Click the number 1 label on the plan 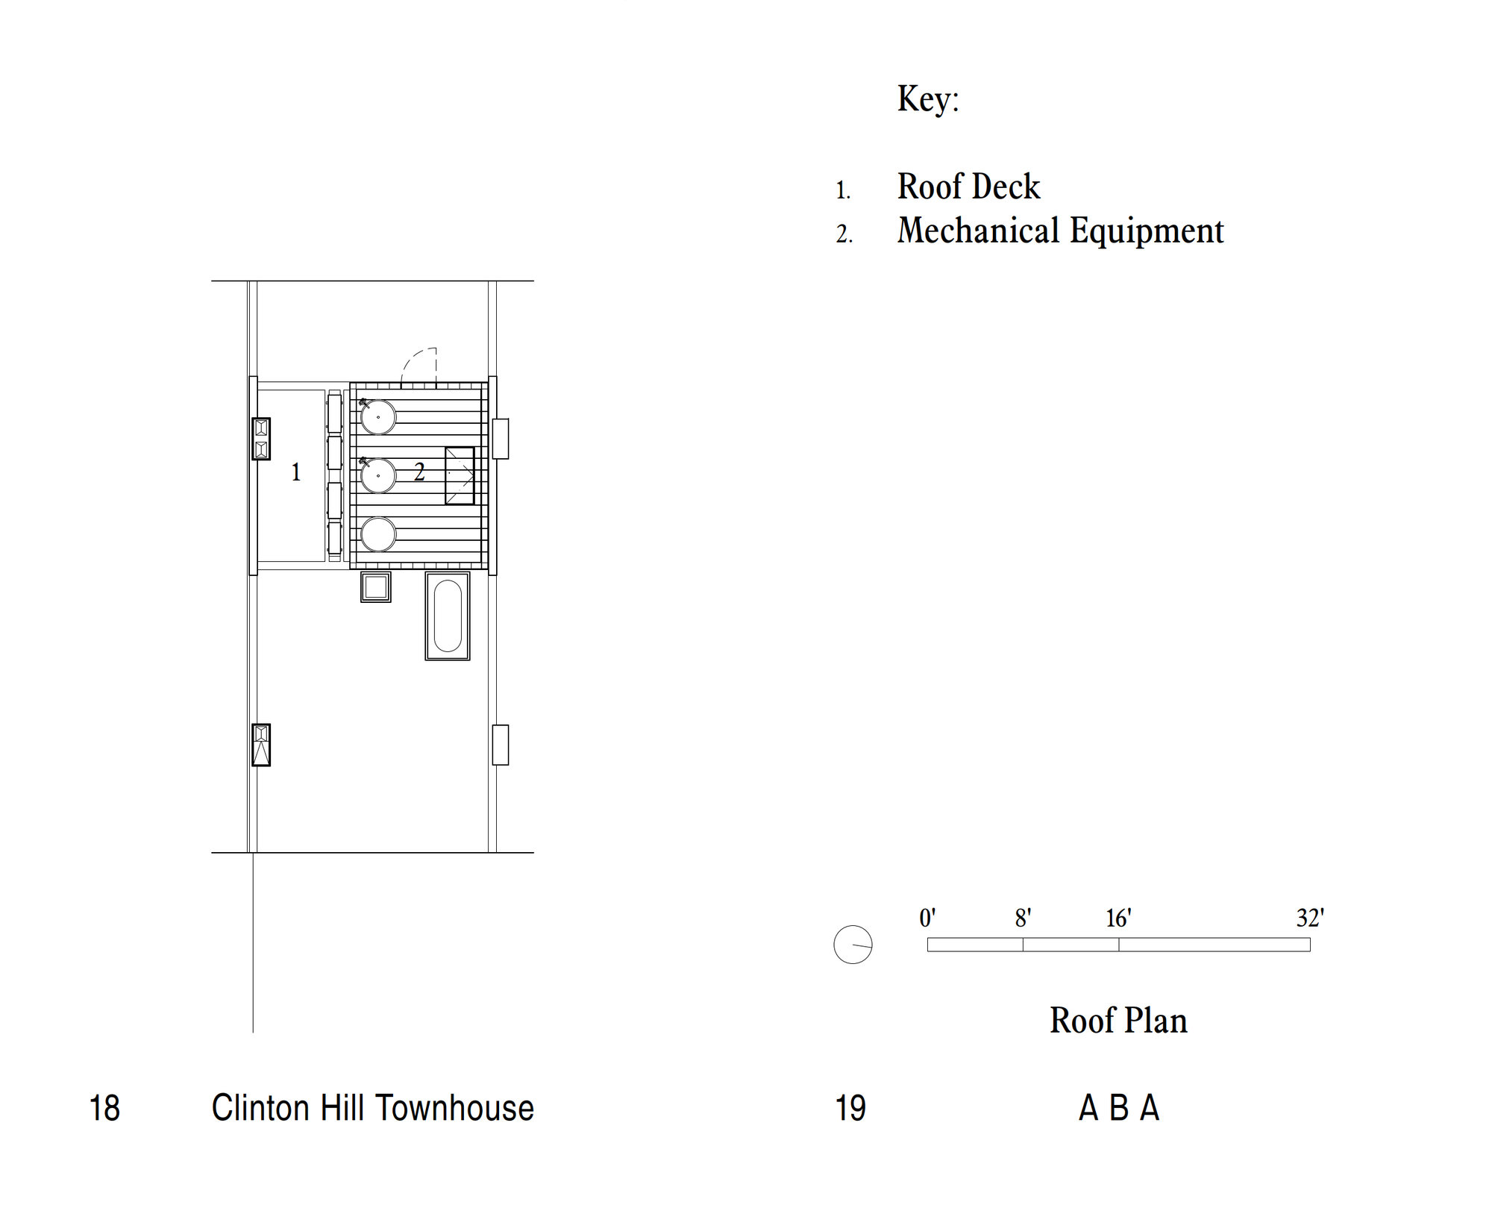[296, 472]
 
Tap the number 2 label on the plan [419, 472]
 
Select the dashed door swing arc [419, 368]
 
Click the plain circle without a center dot [378, 534]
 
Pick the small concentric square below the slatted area [375, 587]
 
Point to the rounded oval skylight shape [448, 616]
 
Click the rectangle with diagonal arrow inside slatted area [460, 475]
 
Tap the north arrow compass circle [853, 945]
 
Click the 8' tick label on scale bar [1023, 918]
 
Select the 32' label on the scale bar [1310, 918]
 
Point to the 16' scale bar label [1118, 918]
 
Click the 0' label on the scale [927, 918]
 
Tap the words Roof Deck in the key [968, 186]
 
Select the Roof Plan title [1118, 1020]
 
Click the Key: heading [928, 99]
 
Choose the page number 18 [104, 1108]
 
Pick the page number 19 [850, 1108]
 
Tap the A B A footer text [1119, 1108]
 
